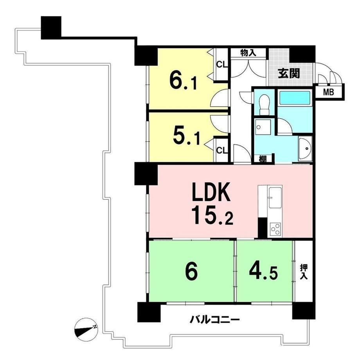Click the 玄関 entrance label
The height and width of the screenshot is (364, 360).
click(x=289, y=74)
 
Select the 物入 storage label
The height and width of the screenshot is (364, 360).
click(x=248, y=53)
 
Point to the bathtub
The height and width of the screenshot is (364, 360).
click(x=295, y=98)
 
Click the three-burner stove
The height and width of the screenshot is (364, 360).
click(x=275, y=230)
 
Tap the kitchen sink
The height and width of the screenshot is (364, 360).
click(x=275, y=198)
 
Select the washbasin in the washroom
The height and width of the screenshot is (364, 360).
click(x=305, y=149)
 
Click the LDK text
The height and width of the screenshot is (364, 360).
click(x=211, y=192)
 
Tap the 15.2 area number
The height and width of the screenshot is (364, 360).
click(x=212, y=216)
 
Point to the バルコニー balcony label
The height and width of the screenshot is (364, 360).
click(x=215, y=320)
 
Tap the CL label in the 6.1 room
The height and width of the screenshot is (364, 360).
click(x=222, y=65)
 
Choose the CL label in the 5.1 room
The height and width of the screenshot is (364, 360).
click(x=222, y=151)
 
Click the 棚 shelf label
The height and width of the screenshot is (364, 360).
click(x=263, y=159)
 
